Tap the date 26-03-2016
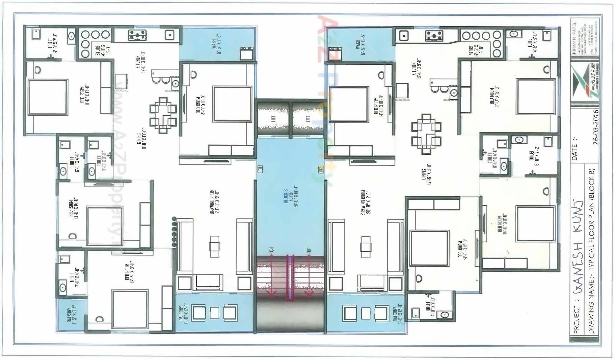click(x=595, y=127)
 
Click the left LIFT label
click(x=273, y=119)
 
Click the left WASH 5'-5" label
click(x=216, y=44)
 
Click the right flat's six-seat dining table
click(x=426, y=133)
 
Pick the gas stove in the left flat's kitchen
click(x=137, y=35)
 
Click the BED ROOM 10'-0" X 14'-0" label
click(x=73, y=208)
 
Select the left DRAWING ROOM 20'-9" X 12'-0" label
click(x=214, y=202)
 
